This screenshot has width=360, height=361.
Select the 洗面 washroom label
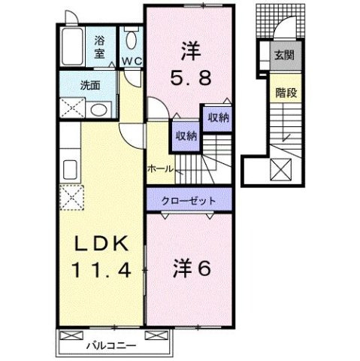point(91,85)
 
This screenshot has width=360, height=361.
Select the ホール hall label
point(161,168)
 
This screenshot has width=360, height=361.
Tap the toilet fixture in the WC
point(131,41)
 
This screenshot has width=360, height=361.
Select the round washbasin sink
point(98,110)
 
